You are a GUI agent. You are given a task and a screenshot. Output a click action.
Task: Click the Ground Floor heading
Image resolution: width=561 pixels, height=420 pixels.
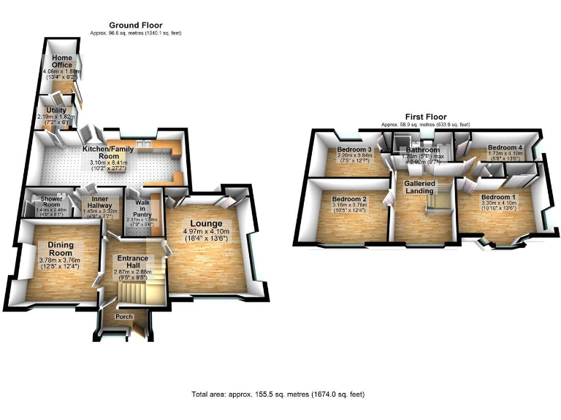click(136, 26)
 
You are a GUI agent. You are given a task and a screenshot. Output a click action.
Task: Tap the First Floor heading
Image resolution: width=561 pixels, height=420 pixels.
click(426, 117)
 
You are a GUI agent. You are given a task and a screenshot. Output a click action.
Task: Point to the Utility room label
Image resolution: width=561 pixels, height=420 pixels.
click(56, 110)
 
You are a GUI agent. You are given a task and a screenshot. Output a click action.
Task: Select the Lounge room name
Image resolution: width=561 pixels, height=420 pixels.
click(206, 222)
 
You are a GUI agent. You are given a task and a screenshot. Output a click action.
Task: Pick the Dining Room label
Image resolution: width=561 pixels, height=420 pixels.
click(58, 249)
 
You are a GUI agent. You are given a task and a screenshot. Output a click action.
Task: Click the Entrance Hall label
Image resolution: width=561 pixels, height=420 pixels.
click(133, 262)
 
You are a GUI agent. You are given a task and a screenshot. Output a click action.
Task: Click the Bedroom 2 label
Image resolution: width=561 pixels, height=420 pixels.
click(349, 198)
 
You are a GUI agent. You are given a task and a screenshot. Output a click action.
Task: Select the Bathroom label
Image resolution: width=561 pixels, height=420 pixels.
click(423, 150)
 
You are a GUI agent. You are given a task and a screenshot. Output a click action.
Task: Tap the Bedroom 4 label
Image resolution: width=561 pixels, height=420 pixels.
click(504, 147)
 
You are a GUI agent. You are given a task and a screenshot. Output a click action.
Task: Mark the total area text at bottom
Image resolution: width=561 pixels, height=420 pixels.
click(278, 394)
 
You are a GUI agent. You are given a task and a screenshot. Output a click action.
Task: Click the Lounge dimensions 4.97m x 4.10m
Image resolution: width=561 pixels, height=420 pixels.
click(207, 233)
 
